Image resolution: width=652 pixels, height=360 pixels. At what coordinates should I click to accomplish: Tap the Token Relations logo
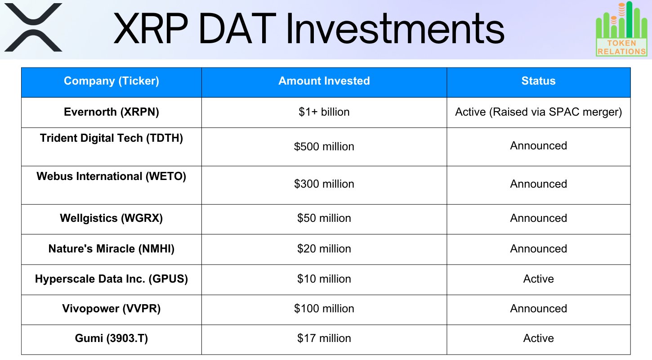pyautogui.click(x=621, y=29)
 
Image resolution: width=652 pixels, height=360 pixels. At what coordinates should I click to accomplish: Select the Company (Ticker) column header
pyautogui.click(x=111, y=81)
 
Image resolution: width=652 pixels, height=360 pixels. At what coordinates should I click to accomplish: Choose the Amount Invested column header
pyautogui.click(x=324, y=81)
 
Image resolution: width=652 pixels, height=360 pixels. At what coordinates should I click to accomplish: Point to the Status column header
pyautogui.click(x=538, y=81)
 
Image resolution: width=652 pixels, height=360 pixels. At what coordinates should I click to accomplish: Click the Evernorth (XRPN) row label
pyautogui.click(x=111, y=112)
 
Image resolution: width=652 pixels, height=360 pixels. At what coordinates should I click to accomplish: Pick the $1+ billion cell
pyautogui.click(x=324, y=112)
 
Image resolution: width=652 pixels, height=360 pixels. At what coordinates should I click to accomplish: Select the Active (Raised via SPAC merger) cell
pyautogui.click(x=538, y=112)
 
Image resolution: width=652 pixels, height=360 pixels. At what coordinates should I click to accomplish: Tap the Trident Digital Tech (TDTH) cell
pyautogui.click(x=111, y=138)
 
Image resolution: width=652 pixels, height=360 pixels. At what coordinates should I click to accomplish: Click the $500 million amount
pyautogui.click(x=324, y=147)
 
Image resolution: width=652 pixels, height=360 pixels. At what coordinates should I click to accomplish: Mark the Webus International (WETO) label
pyautogui.click(x=111, y=176)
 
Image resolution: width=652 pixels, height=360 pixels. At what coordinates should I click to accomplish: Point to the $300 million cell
pyautogui.click(x=324, y=184)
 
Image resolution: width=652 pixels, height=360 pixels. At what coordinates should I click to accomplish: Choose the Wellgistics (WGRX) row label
pyautogui.click(x=111, y=218)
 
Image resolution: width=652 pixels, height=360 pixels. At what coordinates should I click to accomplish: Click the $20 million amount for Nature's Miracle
pyautogui.click(x=324, y=249)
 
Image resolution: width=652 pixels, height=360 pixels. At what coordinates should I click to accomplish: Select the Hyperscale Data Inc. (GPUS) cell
pyautogui.click(x=111, y=279)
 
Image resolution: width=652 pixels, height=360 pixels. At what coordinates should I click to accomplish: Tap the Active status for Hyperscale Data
pyautogui.click(x=538, y=279)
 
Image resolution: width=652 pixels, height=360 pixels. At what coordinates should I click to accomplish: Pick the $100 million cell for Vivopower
pyautogui.click(x=324, y=309)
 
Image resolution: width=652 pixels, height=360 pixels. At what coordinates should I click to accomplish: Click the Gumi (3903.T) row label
pyautogui.click(x=111, y=338)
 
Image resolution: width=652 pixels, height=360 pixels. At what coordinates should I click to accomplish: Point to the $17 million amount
pyautogui.click(x=324, y=338)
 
